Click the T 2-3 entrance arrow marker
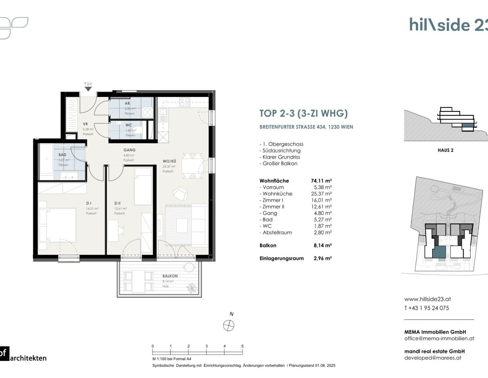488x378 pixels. click(x=88, y=88)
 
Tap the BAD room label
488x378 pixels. click(x=62, y=155)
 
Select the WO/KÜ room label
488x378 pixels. click(x=169, y=161)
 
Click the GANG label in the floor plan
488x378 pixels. click(x=129, y=150)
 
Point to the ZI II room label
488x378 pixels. click(x=117, y=203)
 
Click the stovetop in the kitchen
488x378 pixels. click(x=185, y=102)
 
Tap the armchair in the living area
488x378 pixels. click(x=180, y=193)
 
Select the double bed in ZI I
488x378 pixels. click(x=58, y=225)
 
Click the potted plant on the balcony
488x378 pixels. click(x=192, y=288)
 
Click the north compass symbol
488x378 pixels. click(x=229, y=325)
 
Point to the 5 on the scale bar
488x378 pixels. click(x=242, y=346)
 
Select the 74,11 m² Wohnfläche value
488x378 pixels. click(x=321, y=181)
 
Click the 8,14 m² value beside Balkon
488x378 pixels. click(x=322, y=245)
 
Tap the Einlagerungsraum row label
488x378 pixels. click(x=281, y=259)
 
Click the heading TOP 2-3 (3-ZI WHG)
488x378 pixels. click(x=303, y=113)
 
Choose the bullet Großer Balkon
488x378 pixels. click(x=280, y=163)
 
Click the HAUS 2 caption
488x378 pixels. click(x=445, y=150)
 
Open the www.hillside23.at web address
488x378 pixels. click(x=427, y=299)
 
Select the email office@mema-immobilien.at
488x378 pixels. click(x=439, y=338)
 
